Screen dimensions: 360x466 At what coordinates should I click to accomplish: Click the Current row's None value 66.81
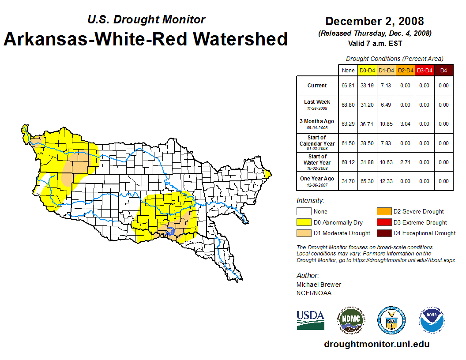pyautogui.click(x=348, y=86)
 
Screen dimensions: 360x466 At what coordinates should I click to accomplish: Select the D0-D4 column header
pyautogui.click(x=367, y=71)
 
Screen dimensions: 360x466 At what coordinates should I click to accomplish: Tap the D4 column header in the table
pyautogui.click(x=443, y=71)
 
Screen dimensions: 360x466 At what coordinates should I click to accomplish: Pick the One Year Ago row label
pyautogui.click(x=317, y=179)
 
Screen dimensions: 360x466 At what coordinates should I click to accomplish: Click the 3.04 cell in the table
pyautogui.click(x=405, y=124)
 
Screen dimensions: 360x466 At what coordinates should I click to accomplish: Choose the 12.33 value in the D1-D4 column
pyautogui.click(x=386, y=181)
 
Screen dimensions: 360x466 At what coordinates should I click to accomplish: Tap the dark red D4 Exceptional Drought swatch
pyautogui.click(x=383, y=233)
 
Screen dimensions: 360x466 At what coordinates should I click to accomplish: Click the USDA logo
pyautogui.click(x=310, y=320)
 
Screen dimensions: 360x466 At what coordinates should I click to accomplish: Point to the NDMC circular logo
pyautogui.click(x=351, y=320)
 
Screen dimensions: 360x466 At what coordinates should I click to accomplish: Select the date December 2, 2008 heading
pyautogui.click(x=375, y=21)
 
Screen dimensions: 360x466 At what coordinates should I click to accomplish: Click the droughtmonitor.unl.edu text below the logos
pyautogui.click(x=376, y=344)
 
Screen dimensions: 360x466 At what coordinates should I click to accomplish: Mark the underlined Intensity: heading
pyautogui.click(x=310, y=201)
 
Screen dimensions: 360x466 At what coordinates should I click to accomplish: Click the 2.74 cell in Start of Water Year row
pyautogui.click(x=405, y=162)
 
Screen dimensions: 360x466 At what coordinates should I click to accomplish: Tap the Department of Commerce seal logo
pyautogui.click(x=391, y=320)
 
